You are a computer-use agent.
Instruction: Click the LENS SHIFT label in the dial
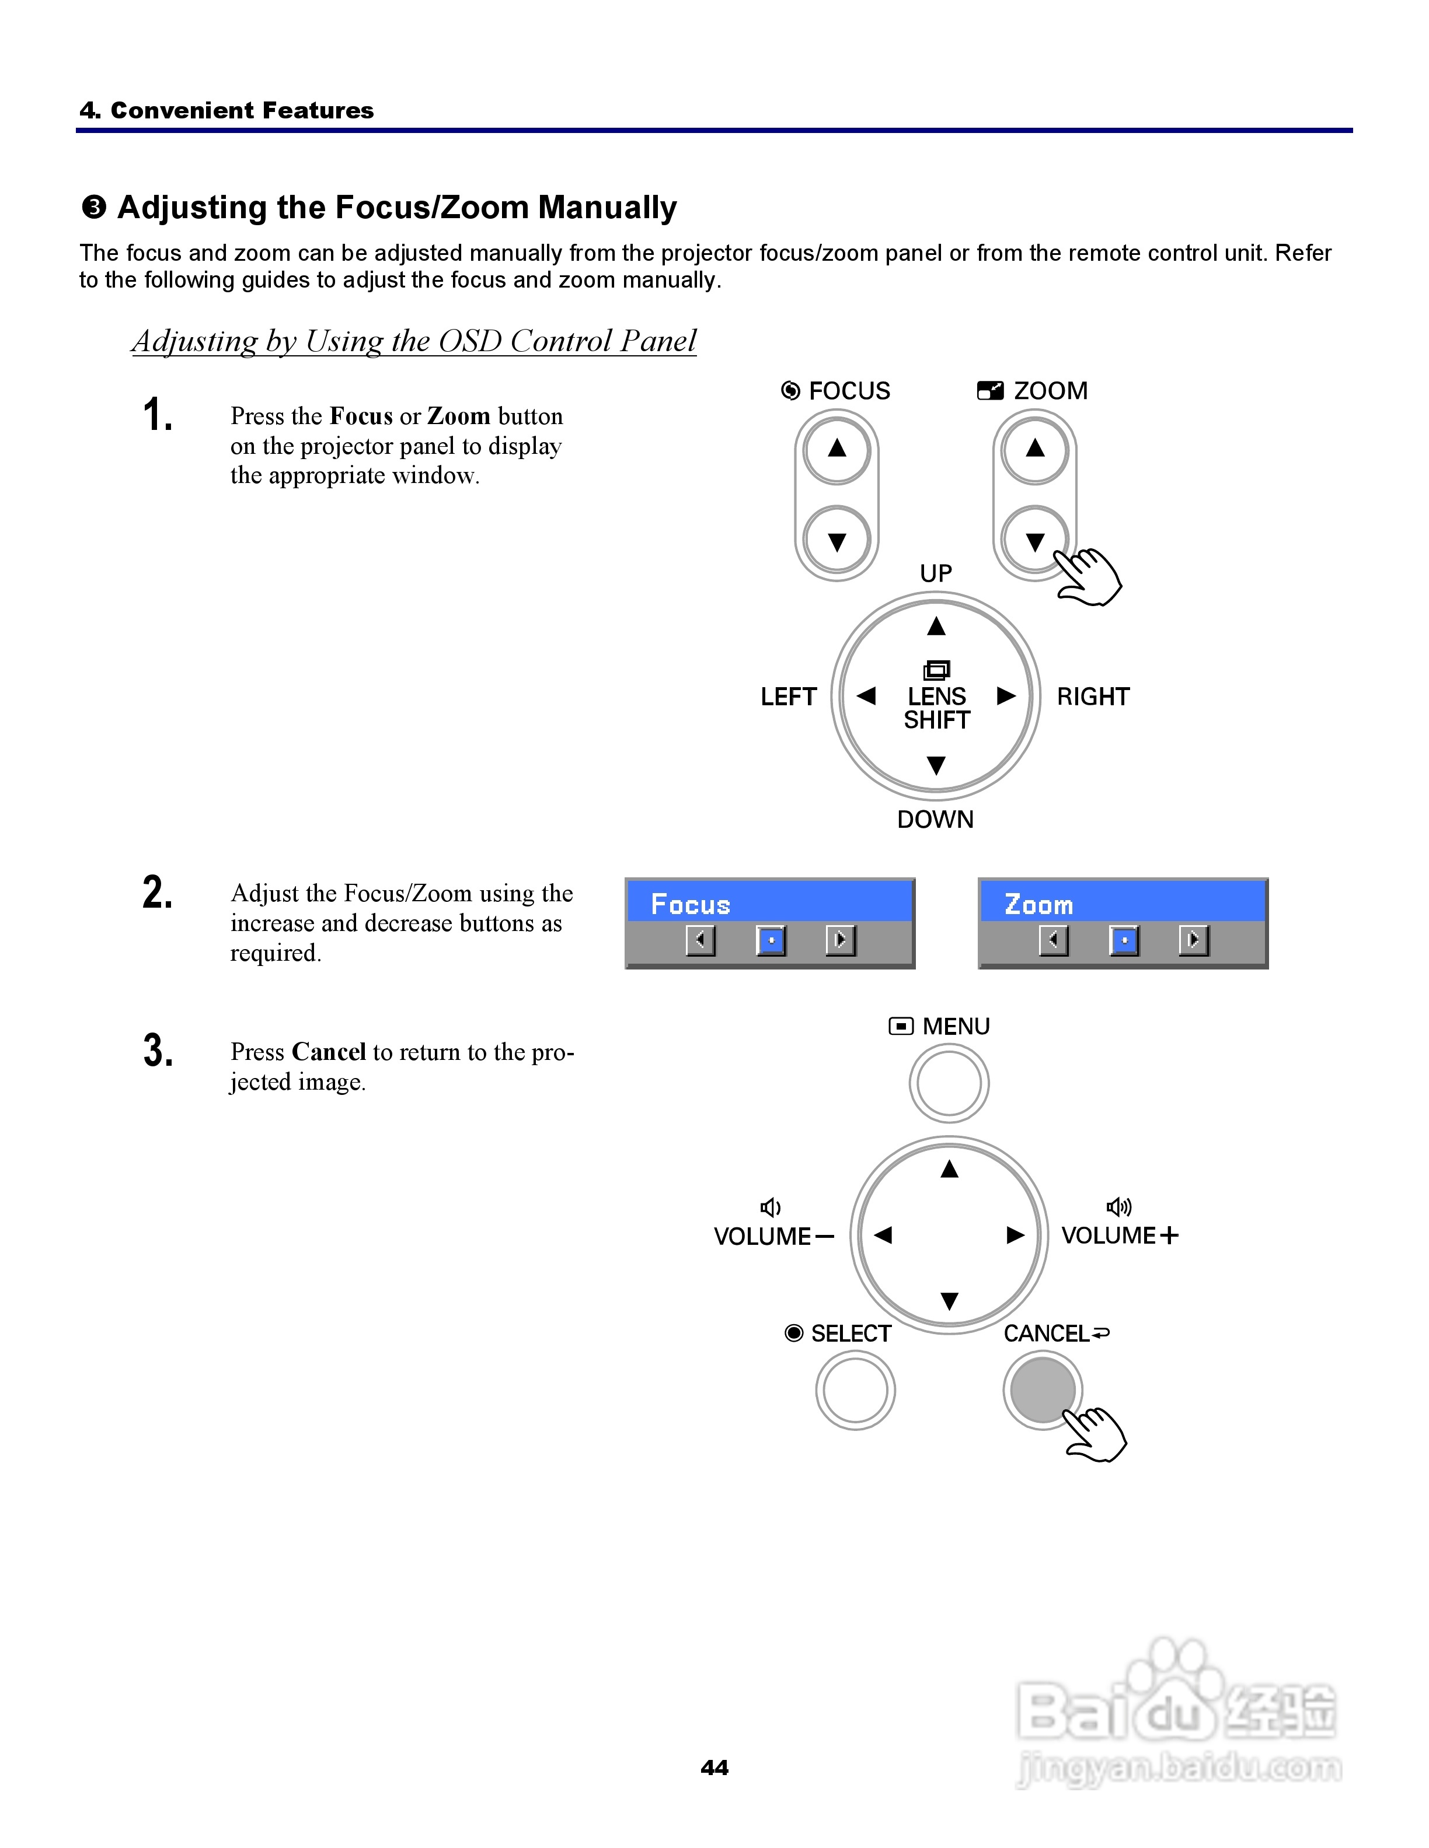click(936, 708)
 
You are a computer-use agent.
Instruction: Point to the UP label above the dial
click(936, 573)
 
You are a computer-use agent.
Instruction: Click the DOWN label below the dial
click(936, 819)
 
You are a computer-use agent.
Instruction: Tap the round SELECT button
click(855, 1390)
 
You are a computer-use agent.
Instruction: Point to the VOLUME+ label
click(1119, 1235)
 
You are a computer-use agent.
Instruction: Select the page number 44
click(714, 1767)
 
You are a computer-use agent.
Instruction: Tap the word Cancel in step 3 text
click(329, 1052)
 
